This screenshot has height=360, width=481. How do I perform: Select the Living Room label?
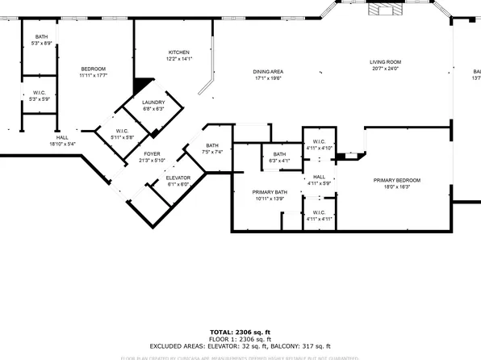click(x=385, y=65)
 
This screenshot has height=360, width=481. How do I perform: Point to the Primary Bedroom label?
click(x=390, y=182)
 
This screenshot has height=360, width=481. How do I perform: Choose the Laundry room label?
click(x=153, y=106)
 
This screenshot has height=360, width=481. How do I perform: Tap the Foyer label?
click(x=152, y=157)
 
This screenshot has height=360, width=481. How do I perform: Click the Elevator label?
click(x=178, y=181)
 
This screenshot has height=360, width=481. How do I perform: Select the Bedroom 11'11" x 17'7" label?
click(x=93, y=73)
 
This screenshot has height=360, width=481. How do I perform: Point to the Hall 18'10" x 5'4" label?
click(x=61, y=141)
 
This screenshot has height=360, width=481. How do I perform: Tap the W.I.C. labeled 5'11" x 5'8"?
click(x=122, y=135)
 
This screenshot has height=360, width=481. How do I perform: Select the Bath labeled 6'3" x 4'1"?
click(x=279, y=157)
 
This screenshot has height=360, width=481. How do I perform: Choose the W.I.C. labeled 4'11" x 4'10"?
click(x=319, y=145)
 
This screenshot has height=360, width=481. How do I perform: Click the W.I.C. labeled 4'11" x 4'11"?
click(x=319, y=216)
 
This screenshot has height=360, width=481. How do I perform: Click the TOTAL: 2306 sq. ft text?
click(x=240, y=332)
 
